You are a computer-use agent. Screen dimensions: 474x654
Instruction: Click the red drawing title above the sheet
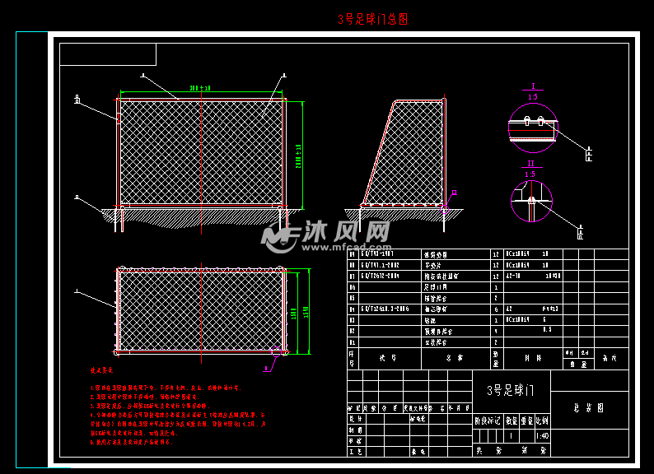pos(372,19)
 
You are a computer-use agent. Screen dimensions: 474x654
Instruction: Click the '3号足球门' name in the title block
pos(511,390)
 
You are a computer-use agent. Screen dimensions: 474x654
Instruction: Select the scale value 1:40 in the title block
pos(541,436)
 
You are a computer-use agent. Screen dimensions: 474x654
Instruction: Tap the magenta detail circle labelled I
pos(532,128)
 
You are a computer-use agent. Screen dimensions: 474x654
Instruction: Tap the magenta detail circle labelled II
pos(531,201)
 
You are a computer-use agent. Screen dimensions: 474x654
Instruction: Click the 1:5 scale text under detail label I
pos(532,97)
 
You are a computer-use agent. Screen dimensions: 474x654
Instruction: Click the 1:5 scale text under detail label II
pos(530,174)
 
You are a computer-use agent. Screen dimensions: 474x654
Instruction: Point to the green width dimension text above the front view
pos(200,87)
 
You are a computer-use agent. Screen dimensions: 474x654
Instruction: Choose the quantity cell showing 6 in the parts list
pos(495,309)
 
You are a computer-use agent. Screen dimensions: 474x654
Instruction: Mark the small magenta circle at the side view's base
pos(443,209)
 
